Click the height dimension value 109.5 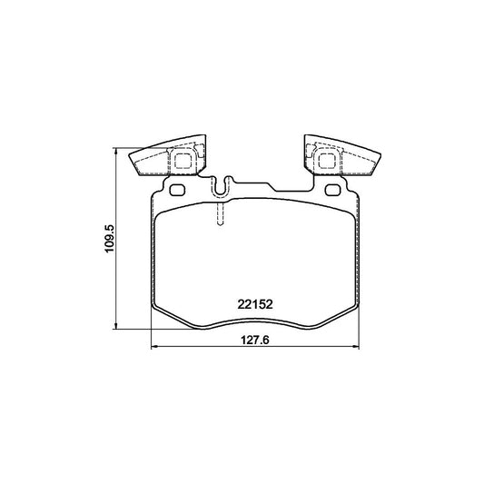(110, 239)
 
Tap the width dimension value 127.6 (255, 341)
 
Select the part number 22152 (255, 305)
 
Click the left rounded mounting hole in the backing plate (177, 190)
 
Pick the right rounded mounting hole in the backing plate (333, 190)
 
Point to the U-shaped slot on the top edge (221, 186)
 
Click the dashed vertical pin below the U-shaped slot (220, 214)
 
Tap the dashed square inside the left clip (183, 161)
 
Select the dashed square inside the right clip (328, 161)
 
